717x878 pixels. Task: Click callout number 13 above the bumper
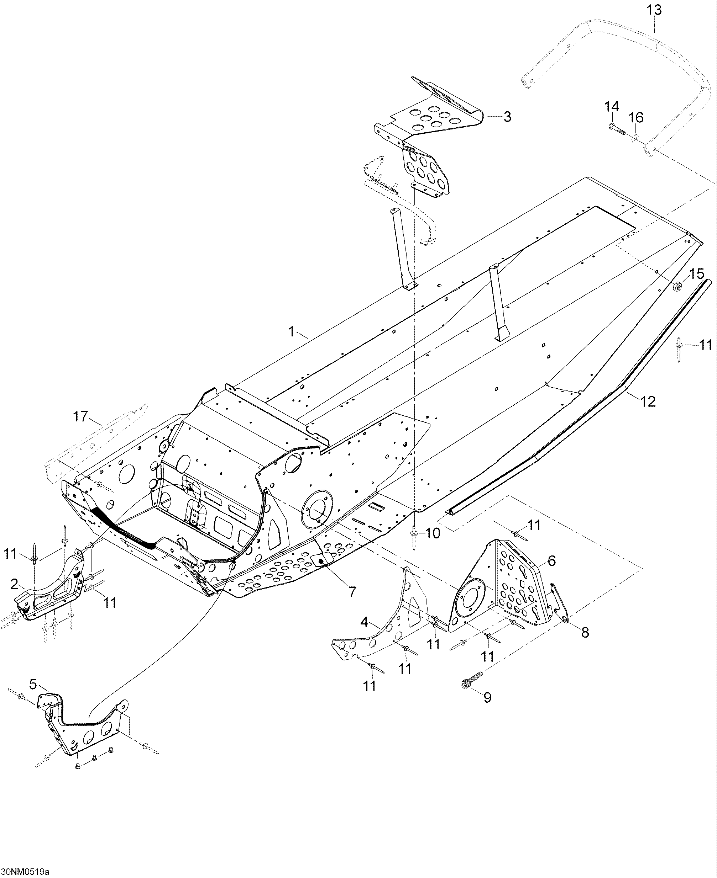pos(654,10)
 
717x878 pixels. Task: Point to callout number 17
pos(81,416)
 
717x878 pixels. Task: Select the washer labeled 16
pos(635,136)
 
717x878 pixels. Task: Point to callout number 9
pos(487,697)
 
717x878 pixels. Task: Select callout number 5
pos(33,685)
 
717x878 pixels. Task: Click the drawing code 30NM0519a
pos(25,872)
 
